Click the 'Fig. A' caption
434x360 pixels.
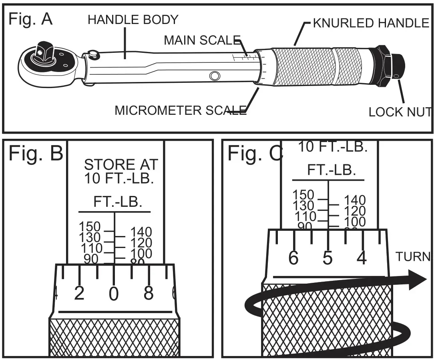(x=30, y=19)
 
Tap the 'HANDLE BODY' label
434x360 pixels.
(x=133, y=19)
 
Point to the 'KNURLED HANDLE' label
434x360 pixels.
(x=371, y=23)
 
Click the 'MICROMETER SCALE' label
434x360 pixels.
(x=181, y=110)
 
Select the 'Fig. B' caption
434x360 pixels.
(x=36, y=154)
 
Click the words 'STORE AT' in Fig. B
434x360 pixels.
(x=121, y=164)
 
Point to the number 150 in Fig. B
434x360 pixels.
(x=90, y=227)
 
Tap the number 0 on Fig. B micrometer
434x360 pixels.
(x=114, y=294)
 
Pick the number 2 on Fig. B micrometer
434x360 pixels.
(x=79, y=294)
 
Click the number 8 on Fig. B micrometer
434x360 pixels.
(x=149, y=294)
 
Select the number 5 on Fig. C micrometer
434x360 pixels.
(x=328, y=259)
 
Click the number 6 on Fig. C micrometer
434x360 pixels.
(x=293, y=259)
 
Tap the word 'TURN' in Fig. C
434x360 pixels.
(x=412, y=256)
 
